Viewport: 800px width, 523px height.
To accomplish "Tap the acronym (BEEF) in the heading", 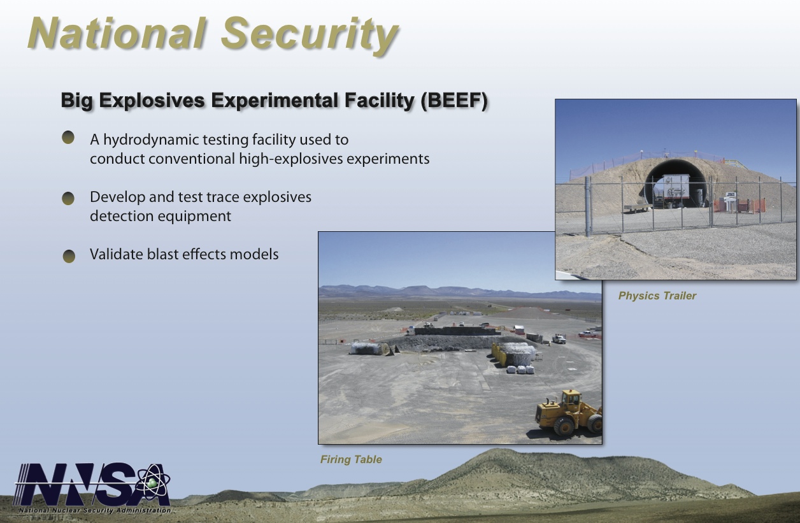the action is pos(454,101).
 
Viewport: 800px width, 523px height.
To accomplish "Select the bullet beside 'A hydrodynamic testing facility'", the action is pos(68,138).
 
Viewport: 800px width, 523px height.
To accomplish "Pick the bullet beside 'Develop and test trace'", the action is pos(68,198).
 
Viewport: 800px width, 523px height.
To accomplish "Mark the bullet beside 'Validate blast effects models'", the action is pos(69,256).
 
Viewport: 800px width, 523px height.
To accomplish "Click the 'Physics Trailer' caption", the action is pos(657,296).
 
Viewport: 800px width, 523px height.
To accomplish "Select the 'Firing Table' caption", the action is pos(351,459).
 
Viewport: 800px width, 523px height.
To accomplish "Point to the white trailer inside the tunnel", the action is pos(676,190).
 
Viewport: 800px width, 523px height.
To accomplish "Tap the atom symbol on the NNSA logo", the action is pos(154,482).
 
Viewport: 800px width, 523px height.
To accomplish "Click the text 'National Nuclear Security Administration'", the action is pos(95,510).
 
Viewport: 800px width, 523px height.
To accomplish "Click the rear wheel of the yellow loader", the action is pos(564,426).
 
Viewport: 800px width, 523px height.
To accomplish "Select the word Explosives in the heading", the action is pos(152,101).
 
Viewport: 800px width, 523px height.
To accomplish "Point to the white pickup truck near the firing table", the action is pos(559,338).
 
